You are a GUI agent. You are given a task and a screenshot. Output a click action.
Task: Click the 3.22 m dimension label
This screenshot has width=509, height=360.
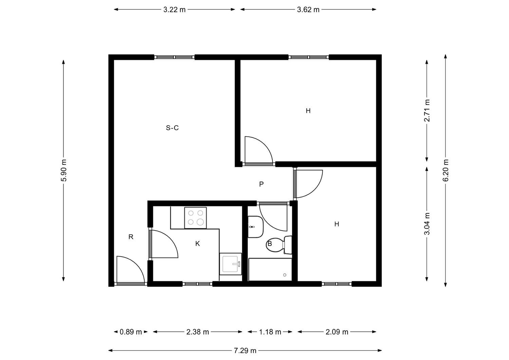(174, 10)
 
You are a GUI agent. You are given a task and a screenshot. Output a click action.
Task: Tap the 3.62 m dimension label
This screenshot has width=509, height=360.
(308, 10)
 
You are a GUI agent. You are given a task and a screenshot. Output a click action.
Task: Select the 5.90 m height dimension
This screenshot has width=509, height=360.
(64, 170)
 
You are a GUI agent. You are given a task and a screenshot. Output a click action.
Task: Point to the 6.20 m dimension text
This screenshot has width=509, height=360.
(446, 170)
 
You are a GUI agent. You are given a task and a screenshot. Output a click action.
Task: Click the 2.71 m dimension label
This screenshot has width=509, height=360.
(427, 111)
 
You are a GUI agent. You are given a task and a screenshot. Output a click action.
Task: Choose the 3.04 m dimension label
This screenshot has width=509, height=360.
(427, 224)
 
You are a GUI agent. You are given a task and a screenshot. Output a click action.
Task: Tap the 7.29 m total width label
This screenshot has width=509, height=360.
(245, 351)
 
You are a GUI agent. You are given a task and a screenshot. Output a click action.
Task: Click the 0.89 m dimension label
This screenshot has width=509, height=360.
(131, 332)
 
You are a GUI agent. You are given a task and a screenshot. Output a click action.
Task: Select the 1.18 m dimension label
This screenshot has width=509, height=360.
(270, 332)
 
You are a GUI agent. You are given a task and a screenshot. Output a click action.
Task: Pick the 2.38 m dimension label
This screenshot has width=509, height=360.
(197, 332)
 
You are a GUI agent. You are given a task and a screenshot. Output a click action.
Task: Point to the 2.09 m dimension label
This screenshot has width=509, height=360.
(337, 332)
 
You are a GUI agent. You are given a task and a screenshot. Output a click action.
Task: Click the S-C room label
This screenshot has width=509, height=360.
(172, 128)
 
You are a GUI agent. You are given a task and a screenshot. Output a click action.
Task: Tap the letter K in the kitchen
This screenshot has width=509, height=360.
(197, 244)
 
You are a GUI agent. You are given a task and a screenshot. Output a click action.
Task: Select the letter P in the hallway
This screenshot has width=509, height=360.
(261, 184)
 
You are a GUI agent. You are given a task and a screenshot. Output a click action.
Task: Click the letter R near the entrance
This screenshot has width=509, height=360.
(131, 237)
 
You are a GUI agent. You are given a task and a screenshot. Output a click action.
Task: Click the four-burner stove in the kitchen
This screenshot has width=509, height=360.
(195, 218)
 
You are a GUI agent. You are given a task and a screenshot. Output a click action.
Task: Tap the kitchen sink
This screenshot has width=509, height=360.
(231, 264)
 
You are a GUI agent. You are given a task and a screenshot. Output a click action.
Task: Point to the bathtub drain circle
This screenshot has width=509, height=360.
(285, 275)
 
